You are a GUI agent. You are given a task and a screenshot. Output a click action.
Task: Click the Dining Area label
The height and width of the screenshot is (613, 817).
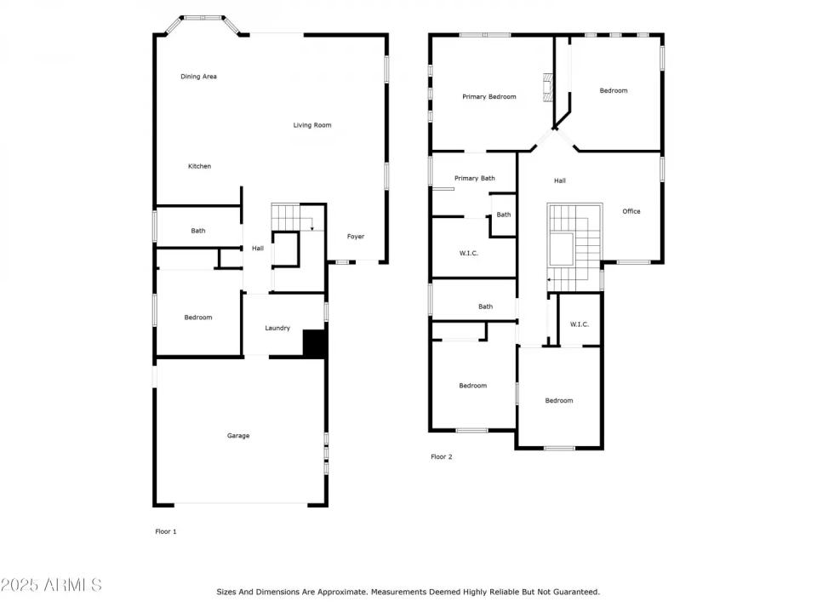[x=198, y=77]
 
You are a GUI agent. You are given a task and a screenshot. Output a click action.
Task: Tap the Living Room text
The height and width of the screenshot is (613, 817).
[x=312, y=125]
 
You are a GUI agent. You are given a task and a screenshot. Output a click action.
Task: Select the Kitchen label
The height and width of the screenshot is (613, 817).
[x=199, y=166]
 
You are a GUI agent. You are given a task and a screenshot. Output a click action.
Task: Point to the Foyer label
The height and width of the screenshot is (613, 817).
[x=356, y=236]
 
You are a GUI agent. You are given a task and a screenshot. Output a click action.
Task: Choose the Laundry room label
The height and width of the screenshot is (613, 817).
[x=277, y=328]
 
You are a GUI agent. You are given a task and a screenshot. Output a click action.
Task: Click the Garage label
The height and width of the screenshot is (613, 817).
[x=238, y=436]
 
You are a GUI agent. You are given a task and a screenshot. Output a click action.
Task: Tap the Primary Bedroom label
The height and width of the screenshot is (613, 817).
[x=488, y=97]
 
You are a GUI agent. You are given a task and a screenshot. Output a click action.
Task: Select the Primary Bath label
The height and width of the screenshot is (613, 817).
[x=474, y=178]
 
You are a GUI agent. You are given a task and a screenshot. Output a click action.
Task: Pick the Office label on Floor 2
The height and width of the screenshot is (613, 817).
[x=631, y=211]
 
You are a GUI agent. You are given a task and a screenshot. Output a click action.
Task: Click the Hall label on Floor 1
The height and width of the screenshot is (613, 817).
[x=257, y=249]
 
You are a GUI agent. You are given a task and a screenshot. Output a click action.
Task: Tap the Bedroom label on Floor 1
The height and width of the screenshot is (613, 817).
[x=198, y=318]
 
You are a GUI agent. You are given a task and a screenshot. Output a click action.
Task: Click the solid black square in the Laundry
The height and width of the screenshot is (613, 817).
[x=315, y=343]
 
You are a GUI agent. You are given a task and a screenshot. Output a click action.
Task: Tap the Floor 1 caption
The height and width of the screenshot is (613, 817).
[x=166, y=531]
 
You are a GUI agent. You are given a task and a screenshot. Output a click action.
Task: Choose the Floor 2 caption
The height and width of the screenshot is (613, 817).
[x=442, y=457]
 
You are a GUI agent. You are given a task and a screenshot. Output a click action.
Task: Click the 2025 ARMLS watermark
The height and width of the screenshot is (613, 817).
[x=51, y=585]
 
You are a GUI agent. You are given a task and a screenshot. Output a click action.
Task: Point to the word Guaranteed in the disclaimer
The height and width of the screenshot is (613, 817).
[x=574, y=592]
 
